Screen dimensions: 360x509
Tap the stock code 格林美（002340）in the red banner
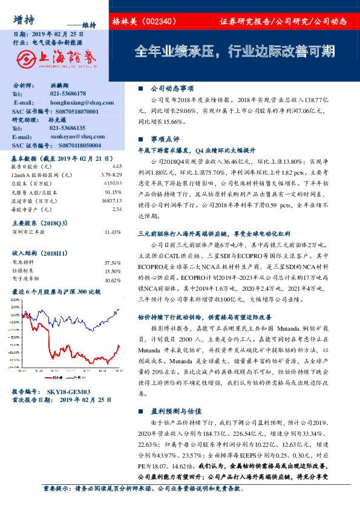click(144, 21)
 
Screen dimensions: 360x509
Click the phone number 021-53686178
click(68, 94)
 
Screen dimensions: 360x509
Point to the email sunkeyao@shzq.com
click(71, 137)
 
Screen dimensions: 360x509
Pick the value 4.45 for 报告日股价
click(117, 166)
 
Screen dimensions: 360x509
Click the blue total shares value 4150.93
click(113, 183)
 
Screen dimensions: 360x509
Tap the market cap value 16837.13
click(111, 199)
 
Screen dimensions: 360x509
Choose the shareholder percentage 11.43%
click(113, 232)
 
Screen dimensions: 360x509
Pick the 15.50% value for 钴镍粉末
click(113, 271)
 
